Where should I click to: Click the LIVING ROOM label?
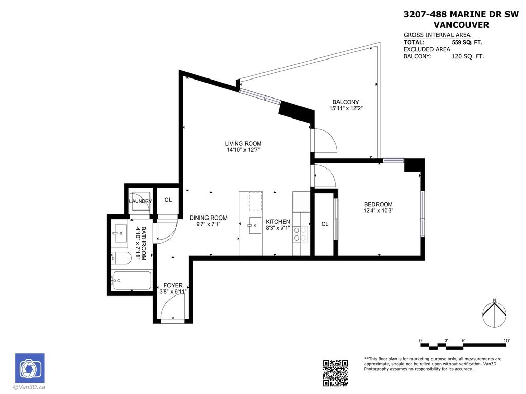[243, 144]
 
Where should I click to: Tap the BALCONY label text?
[345, 102]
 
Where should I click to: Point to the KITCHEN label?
[278, 222]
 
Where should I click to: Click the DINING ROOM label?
[208, 218]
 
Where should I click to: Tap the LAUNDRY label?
[140, 201]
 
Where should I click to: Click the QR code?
[335, 373]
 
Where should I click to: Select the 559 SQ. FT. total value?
[466, 43]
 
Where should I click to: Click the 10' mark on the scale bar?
[506, 341]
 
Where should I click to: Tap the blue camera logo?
[30, 368]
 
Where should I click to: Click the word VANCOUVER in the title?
[461, 24]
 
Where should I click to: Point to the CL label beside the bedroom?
[325, 224]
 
